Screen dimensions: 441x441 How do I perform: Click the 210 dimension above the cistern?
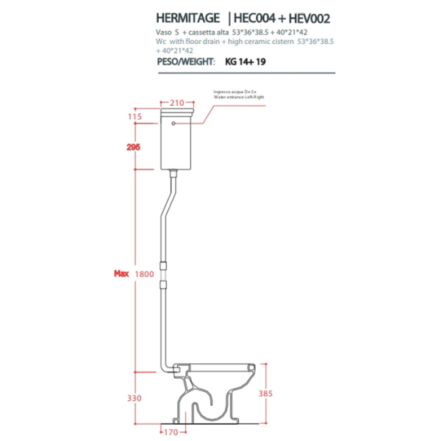coord(176,103)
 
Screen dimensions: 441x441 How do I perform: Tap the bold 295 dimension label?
coord(133,147)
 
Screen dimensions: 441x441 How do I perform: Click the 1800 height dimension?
coord(145,274)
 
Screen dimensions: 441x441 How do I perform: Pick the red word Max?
coord(121,274)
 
